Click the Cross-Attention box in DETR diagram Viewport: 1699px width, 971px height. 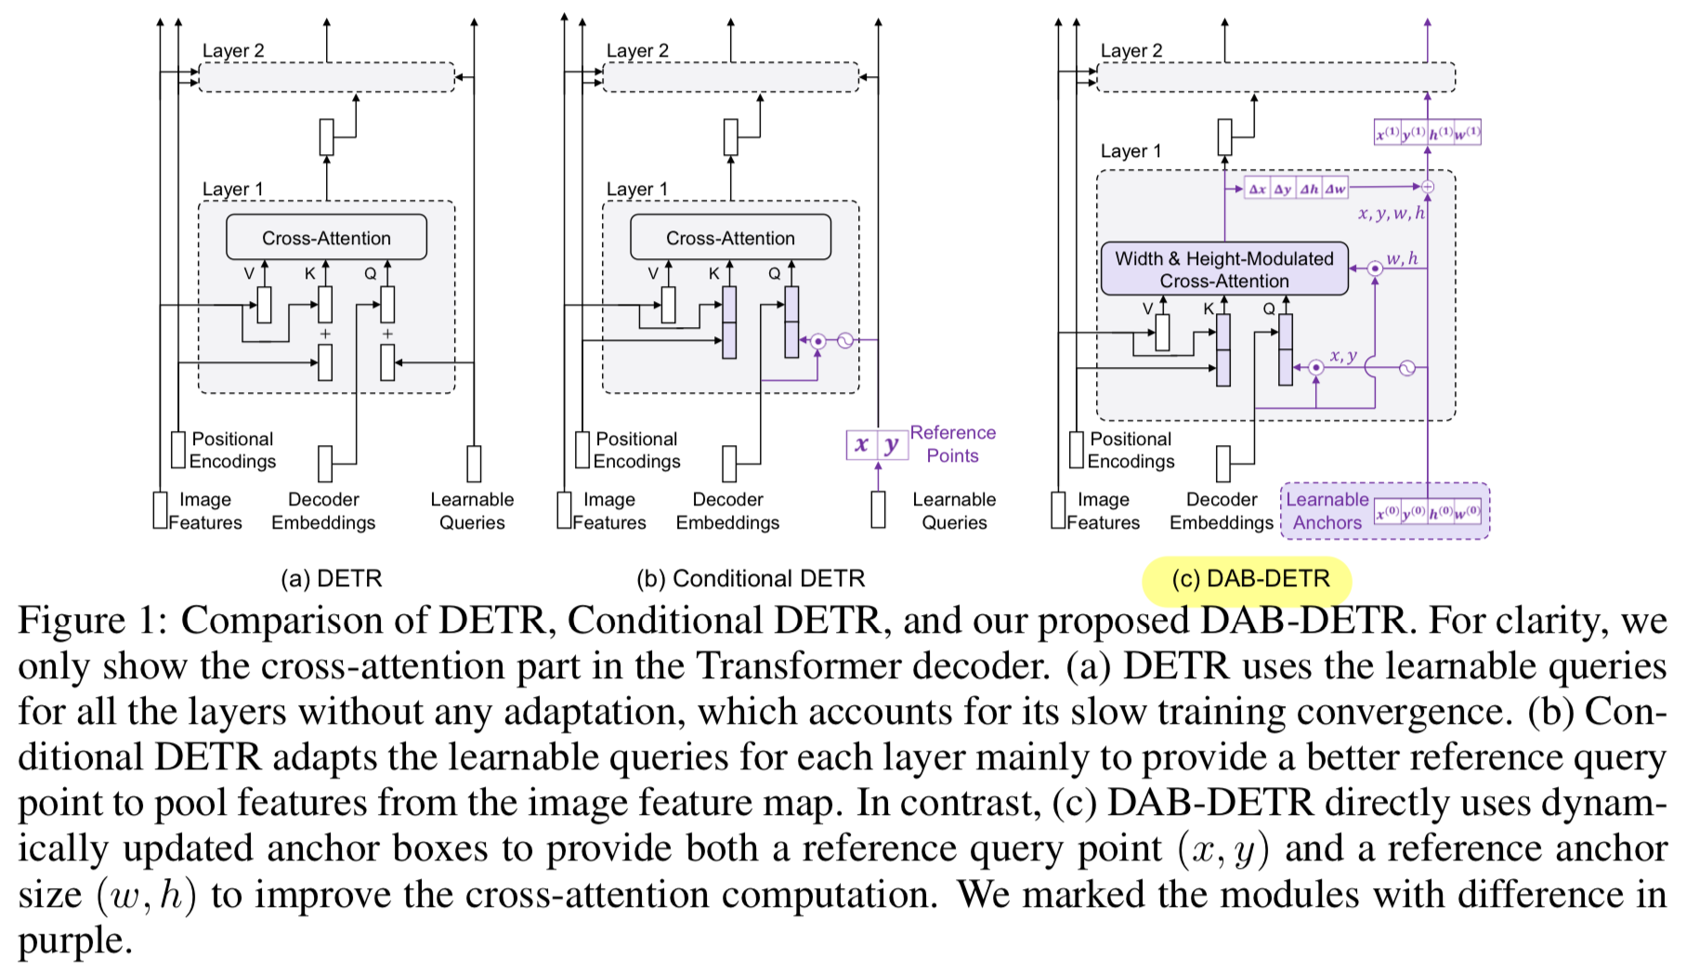[x=326, y=238]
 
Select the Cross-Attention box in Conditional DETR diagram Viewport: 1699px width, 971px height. [x=730, y=238]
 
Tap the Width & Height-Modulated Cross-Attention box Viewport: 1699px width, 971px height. [x=1223, y=269]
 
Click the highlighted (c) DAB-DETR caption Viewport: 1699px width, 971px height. [x=1249, y=579]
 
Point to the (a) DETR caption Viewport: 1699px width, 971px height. [x=332, y=579]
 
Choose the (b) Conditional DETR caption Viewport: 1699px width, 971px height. [x=751, y=579]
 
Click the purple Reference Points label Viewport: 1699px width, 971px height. [x=952, y=444]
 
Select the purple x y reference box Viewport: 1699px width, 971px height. [x=876, y=445]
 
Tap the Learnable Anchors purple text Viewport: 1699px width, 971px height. [x=1327, y=511]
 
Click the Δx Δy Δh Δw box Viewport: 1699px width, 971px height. [x=1296, y=189]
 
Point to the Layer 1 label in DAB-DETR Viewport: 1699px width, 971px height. [x=1130, y=151]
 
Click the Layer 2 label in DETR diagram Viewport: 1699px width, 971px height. [x=233, y=51]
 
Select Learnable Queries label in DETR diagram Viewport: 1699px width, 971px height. [x=472, y=511]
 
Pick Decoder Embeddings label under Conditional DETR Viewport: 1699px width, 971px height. [x=727, y=511]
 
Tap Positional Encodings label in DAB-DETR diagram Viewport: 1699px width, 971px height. [x=1130, y=450]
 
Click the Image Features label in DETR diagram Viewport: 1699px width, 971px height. [x=204, y=511]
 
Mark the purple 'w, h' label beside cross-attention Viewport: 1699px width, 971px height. [x=1402, y=258]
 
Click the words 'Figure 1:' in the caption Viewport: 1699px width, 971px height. [x=92, y=621]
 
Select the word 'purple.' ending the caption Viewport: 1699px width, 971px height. [x=75, y=940]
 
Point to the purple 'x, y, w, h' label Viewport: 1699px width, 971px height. [x=1391, y=214]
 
